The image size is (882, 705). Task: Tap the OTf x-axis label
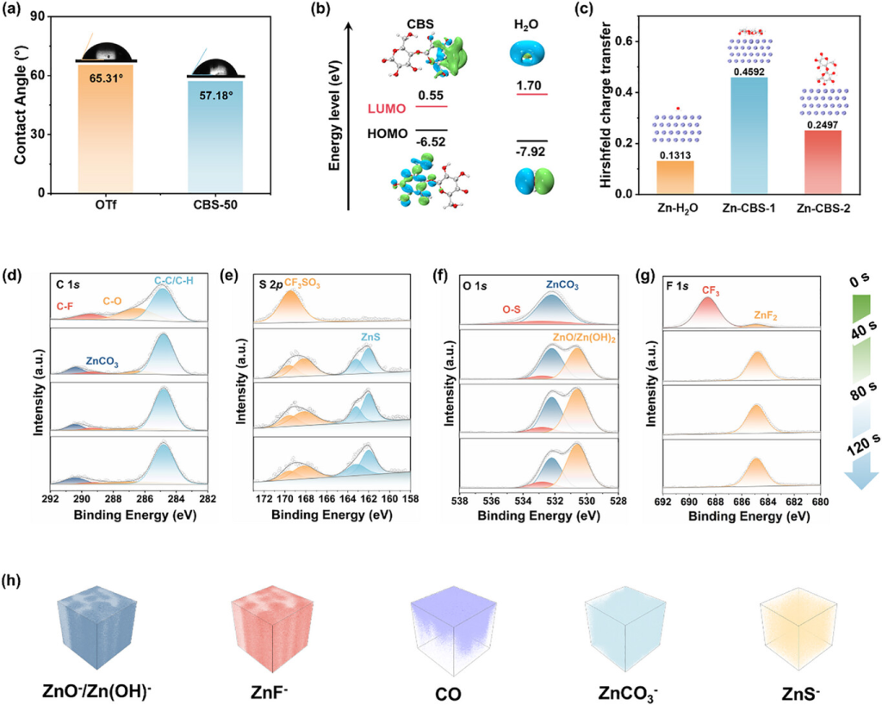(x=108, y=207)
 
